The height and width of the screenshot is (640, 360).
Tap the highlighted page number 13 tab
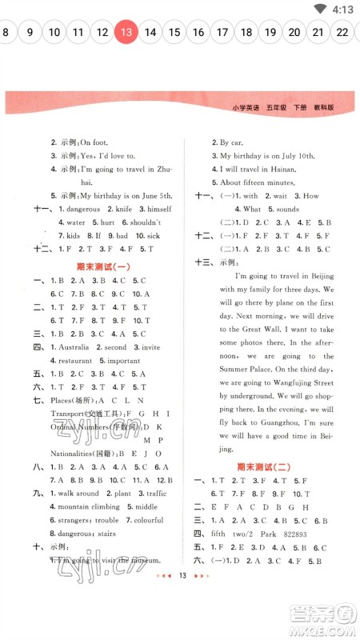126,33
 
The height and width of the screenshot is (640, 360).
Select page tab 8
6,33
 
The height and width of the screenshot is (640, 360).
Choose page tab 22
342,33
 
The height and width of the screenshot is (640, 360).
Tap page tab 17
222,33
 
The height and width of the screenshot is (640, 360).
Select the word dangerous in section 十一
83,209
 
